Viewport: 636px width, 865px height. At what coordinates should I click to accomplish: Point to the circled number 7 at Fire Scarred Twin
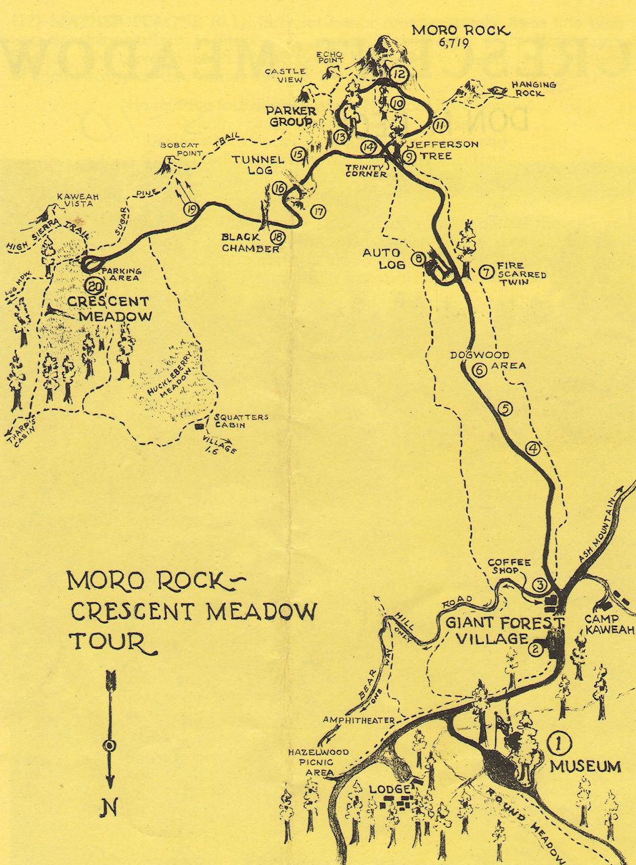pos(485,272)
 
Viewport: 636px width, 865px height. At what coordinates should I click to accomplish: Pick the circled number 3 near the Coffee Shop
pos(539,585)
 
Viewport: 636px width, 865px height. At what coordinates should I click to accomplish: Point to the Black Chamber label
pos(245,243)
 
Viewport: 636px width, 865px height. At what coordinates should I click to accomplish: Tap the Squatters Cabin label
pos(231,421)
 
